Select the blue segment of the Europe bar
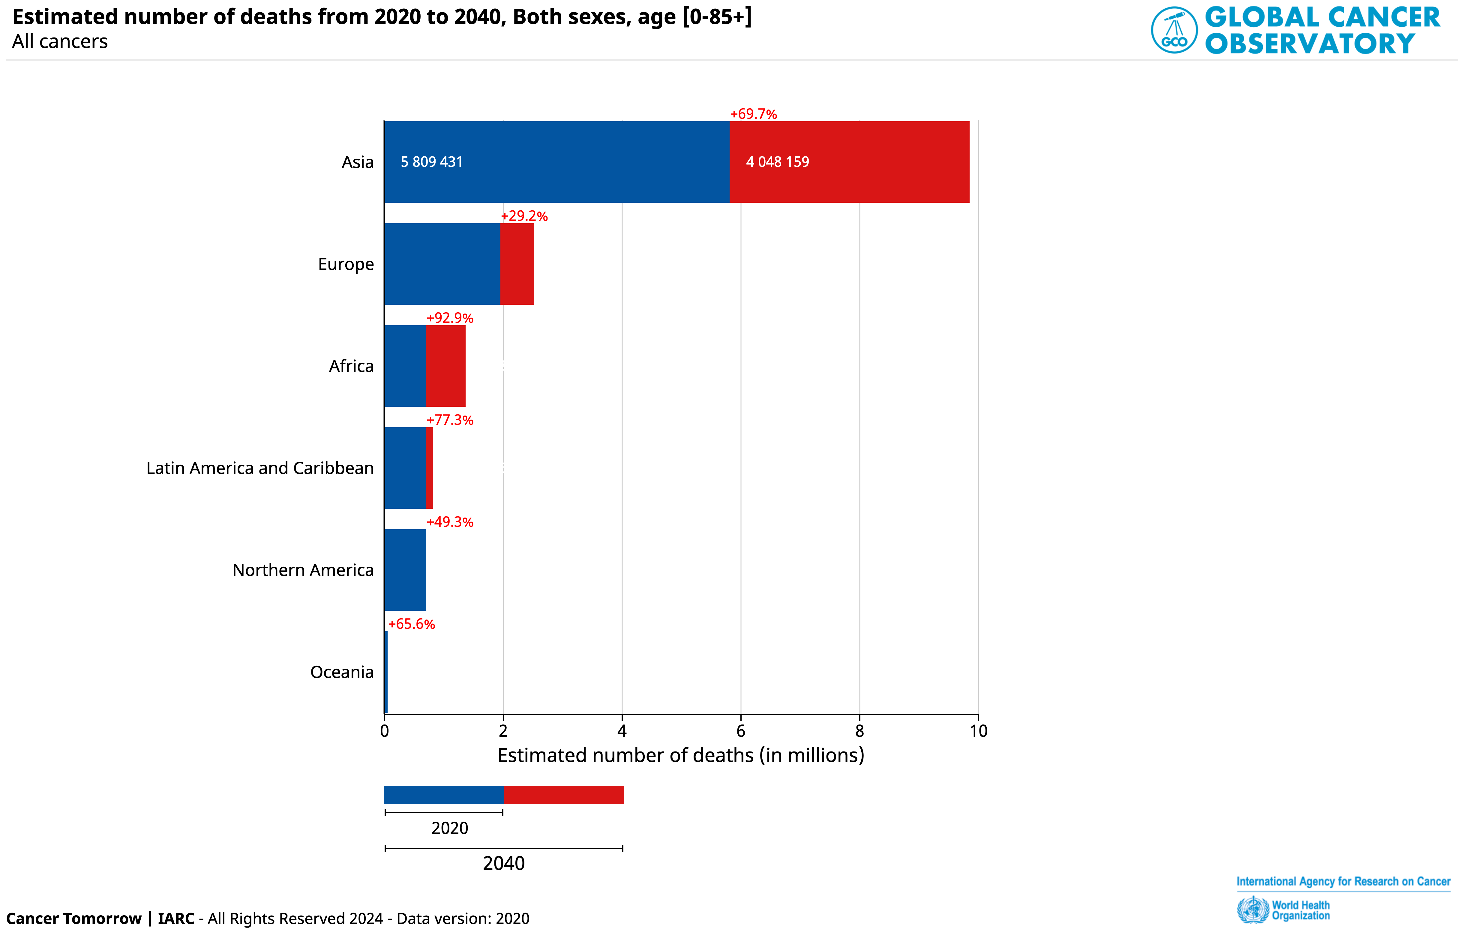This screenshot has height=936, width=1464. (x=442, y=264)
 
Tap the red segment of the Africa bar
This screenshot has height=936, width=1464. (x=445, y=366)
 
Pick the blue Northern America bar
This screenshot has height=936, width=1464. (x=405, y=570)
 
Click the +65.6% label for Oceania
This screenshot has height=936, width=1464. (x=412, y=624)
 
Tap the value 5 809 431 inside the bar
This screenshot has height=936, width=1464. (x=432, y=162)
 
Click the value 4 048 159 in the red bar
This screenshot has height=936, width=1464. (x=778, y=162)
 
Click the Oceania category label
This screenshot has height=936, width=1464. (x=342, y=672)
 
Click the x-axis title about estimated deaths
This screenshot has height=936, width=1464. (x=680, y=755)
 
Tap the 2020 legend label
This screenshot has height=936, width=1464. (x=450, y=828)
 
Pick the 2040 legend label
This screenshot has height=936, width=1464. (x=503, y=864)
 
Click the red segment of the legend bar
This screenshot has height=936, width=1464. (x=564, y=795)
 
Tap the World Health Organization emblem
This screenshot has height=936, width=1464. (x=1253, y=910)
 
